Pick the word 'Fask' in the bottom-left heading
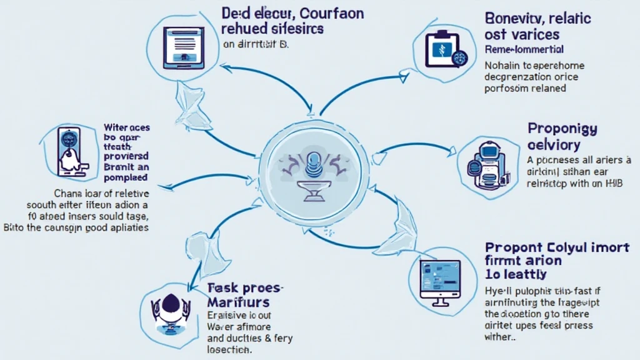(x=221, y=287)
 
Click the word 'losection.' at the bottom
(x=229, y=351)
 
